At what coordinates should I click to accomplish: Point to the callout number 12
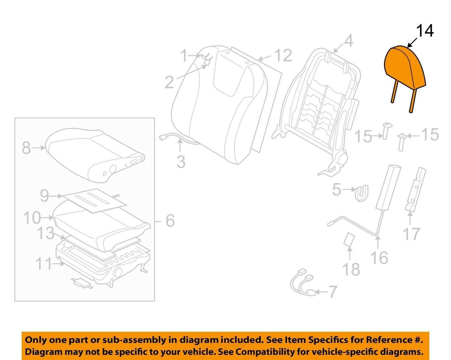[x=283, y=56]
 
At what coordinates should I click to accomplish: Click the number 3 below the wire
[x=181, y=162]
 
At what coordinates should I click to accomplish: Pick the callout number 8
[x=27, y=148]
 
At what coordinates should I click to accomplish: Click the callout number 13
[x=46, y=233]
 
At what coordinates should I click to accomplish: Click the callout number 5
[x=336, y=189]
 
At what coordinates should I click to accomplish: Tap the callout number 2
[x=169, y=82]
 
